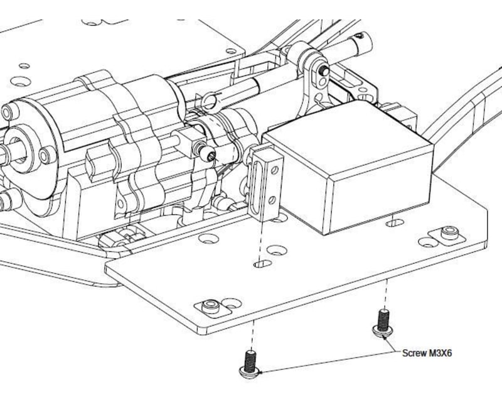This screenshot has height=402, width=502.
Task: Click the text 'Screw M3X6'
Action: pyautogui.click(x=427, y=353)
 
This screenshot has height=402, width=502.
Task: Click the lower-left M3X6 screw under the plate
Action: pyautogui.click(x=250, y=364)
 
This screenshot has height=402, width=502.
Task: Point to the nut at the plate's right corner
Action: pyautogui.click(x=448, y=234)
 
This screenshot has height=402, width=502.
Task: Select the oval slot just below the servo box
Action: pyautogui.click(x=395, y=222)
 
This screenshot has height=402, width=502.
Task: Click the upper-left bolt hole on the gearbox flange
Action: pyautogui.click(x=8, y=113)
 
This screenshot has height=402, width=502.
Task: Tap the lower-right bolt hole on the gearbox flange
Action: pyautogui.click(x=46, y=155)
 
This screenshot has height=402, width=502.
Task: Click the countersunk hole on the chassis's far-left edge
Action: pyautogui.click(x=23, y=82)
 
